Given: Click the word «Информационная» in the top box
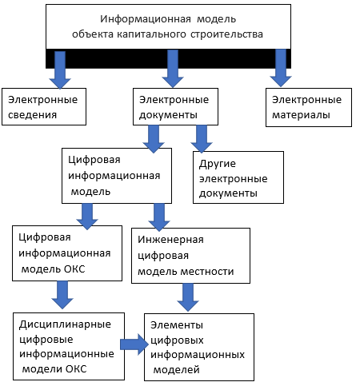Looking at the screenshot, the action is coord(146,19).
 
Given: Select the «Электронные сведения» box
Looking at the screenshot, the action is coord(44,106).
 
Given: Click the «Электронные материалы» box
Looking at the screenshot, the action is coord(309,107).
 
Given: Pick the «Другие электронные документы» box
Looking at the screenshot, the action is coord(238,177).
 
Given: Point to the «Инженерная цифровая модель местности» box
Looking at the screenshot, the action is coord(190,256).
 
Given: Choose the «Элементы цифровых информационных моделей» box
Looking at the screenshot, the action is coord(199,347).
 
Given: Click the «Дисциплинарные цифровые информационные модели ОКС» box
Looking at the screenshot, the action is coord(69,346).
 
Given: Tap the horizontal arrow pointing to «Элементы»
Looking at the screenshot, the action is coord(134,344).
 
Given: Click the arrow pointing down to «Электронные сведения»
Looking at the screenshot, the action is coord(60,70).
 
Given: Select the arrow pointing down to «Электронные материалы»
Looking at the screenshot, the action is coord(281,68).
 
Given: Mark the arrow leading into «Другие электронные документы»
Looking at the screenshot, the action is coord(202,139).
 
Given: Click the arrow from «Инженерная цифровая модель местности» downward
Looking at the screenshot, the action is coord(188,297).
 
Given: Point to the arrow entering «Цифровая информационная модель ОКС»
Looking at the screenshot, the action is coord(87,217).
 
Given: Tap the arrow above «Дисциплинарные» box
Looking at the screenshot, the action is coord(62,295).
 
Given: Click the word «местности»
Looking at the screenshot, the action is coord(207,272).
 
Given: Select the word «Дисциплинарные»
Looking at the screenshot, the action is coord(65,324).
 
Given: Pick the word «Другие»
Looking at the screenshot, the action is coord(218,164).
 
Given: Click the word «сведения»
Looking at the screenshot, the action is coord(32,115).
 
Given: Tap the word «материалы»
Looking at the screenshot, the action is coord(301,115).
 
